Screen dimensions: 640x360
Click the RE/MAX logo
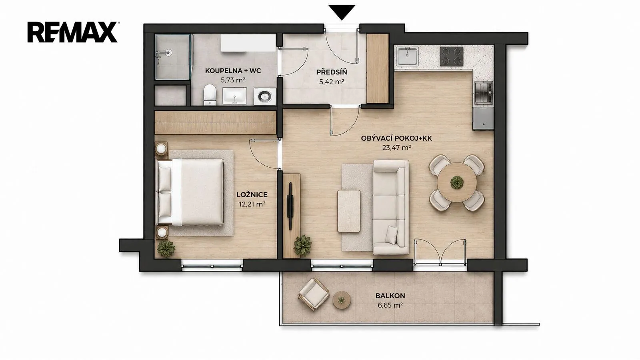72,32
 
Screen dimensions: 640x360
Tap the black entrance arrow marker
342,12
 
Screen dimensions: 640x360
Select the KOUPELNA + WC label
233,70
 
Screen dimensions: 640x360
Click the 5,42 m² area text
332,82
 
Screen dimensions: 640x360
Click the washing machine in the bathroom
265,96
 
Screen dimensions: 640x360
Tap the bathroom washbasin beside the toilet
234,96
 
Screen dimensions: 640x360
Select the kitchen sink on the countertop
407,56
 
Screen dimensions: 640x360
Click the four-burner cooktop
452,56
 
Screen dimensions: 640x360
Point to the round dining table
456,182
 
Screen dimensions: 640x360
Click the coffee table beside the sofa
348,211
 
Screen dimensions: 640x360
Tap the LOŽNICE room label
252,194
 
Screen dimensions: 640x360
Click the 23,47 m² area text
396,148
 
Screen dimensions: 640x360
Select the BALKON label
390,296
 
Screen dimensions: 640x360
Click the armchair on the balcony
314,294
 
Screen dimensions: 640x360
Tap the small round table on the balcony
342,300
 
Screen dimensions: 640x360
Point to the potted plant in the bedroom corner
166,248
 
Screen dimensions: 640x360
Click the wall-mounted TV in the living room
290,206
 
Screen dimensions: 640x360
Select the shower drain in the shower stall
169,52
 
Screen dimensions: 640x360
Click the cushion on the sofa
392,234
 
